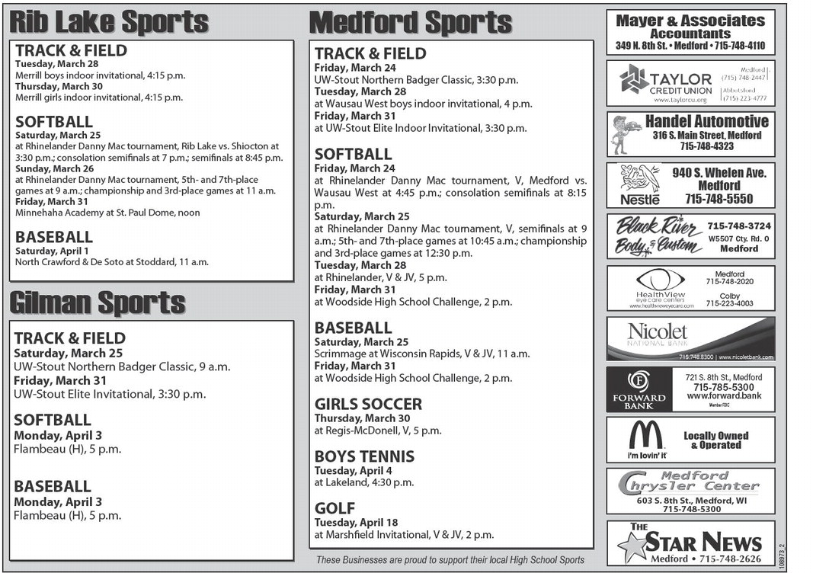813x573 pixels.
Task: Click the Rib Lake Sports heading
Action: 109,21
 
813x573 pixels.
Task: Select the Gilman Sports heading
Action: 97,303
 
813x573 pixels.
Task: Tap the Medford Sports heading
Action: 410,23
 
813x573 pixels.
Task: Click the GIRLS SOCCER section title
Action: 368,404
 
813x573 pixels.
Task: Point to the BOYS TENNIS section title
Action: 364,456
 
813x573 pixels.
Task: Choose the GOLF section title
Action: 334,508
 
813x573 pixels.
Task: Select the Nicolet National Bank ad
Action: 690,338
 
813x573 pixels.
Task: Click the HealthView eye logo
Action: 660,280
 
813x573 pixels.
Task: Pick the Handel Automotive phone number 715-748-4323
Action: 707,146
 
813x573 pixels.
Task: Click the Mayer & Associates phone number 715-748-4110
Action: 728,46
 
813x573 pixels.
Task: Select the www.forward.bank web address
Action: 723,396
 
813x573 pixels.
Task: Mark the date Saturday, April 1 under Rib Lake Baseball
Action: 52,251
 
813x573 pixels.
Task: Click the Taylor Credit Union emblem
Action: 633,79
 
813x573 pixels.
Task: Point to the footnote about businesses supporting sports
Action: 450,560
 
